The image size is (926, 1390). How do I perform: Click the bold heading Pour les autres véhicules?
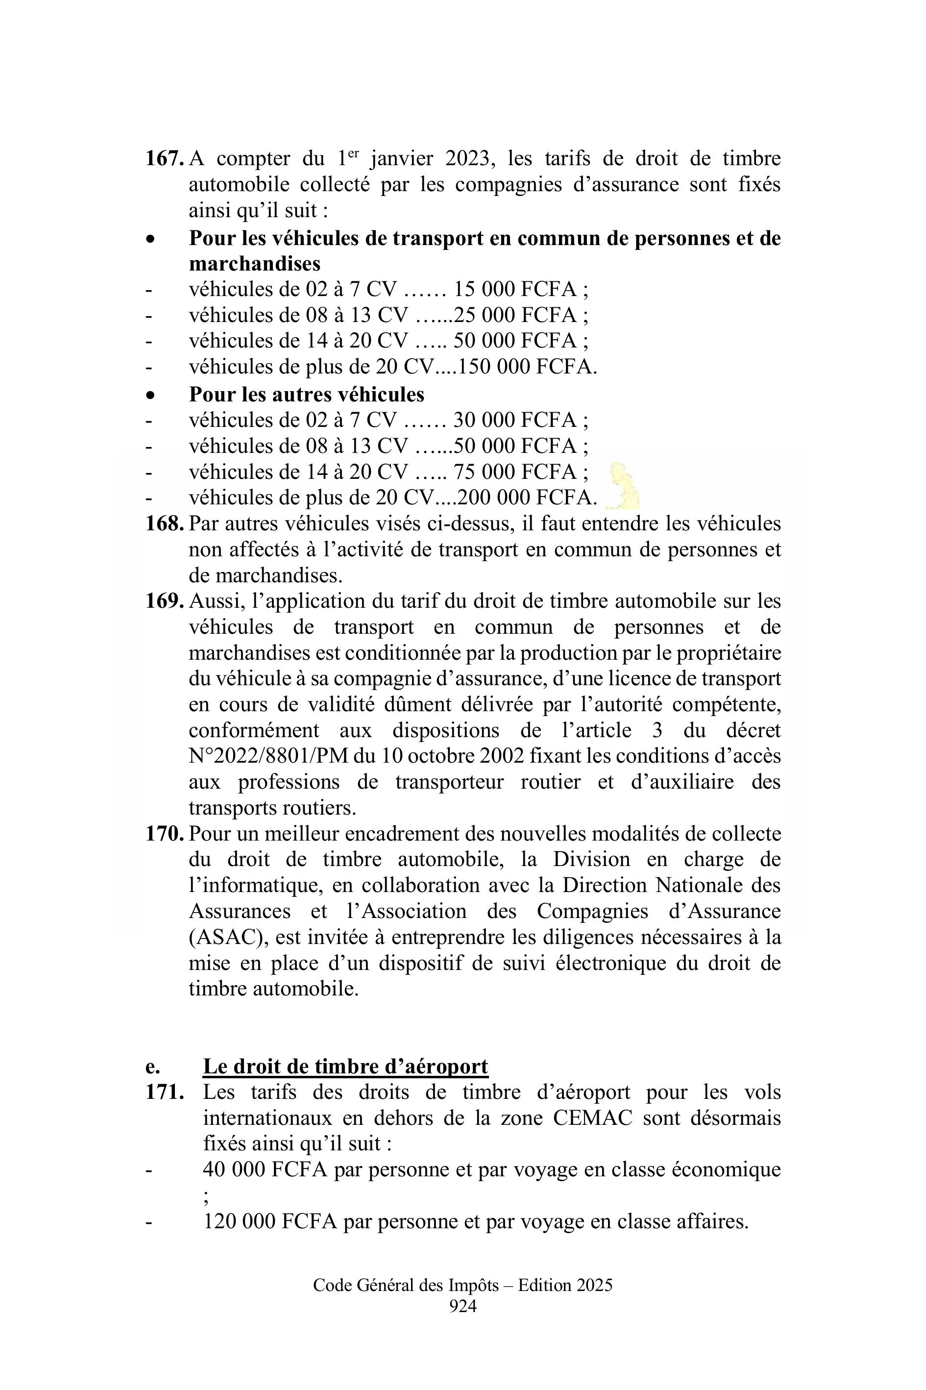[x=307, y=394]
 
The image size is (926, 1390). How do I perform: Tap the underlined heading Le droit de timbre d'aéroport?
[x=345, y=1067]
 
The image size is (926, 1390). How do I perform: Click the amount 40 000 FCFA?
[x=265, y=1170]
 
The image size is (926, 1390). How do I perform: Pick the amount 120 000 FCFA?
[x=270, y=1221]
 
